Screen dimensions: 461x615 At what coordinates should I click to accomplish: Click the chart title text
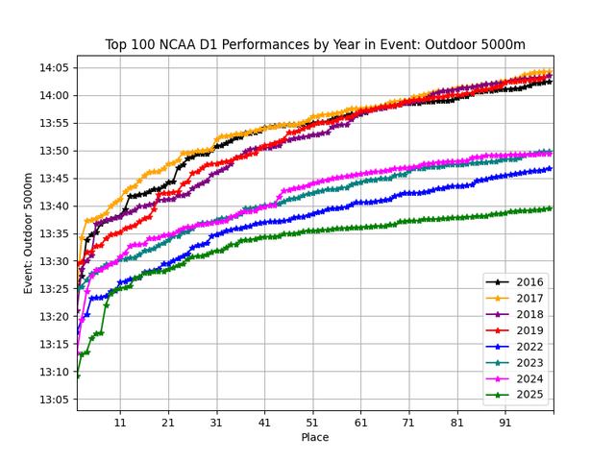coord(315,44)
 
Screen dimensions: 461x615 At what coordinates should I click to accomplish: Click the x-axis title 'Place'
coord(315,438)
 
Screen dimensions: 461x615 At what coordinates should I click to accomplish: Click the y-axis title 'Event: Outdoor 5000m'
coord(29,233)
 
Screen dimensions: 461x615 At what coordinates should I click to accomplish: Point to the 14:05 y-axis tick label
coord(53,68)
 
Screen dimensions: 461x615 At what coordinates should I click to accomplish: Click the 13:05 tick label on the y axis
coord(53,400)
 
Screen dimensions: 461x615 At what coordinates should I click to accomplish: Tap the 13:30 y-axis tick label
coord(53,261)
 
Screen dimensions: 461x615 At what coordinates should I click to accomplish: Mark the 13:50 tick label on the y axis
coord(53,151)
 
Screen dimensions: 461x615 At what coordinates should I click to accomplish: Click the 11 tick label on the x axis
coord(120,423)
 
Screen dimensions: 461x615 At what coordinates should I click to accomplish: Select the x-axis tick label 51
coord(312,423)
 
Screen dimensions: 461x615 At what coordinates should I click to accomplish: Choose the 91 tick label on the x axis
coord(504,423)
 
